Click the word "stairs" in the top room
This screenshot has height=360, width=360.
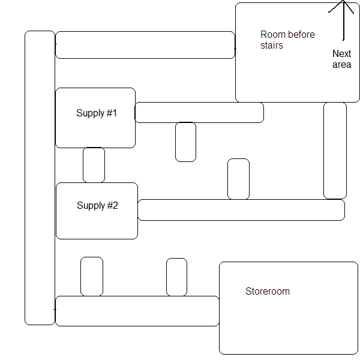pos(271,45)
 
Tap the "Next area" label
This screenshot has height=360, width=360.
pos(341,59)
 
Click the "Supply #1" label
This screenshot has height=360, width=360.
pos(97,113)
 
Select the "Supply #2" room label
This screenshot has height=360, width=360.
pos(97,206)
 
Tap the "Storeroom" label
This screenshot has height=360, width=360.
pos(268,292)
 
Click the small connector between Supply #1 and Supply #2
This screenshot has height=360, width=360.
pos(94,165)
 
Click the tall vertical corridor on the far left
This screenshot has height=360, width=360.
pos(40,178)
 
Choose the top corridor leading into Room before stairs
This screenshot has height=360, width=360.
pos(145,45)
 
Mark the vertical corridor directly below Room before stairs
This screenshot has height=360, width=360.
pos(335,150)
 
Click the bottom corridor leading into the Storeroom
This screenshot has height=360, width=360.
pos(137,311)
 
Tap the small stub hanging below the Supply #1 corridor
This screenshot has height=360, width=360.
pos(185,142)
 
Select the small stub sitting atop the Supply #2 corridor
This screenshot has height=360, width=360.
pos(238,179)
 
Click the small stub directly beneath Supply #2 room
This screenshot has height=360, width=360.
pos(92,277)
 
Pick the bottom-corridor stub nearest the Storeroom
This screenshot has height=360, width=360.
pos(176,277)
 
